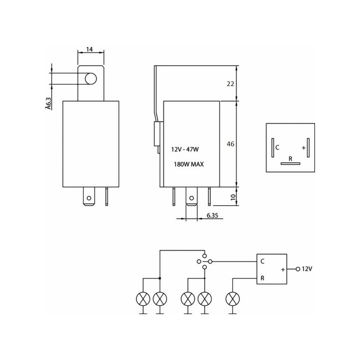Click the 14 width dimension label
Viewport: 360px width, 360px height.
coord(90,49)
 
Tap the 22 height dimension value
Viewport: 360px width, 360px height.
coord(230,84)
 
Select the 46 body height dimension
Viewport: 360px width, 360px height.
coord(230,144)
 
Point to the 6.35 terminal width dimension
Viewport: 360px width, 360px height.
coord(212,216)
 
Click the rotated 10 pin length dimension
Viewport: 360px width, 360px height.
coord(233,197)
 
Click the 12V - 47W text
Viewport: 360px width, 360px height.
coord(185,149)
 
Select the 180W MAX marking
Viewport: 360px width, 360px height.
coord(189,164)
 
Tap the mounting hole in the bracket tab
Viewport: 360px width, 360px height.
coord(91,79)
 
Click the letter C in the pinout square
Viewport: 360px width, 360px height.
coord(277,148)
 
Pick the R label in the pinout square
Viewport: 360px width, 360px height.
coord(290,159)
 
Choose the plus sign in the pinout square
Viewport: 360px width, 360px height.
coord(303,148)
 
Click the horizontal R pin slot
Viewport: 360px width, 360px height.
coord(290,163)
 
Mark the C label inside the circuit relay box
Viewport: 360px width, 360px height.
coord(262,261)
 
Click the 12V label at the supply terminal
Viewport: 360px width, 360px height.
coord(307,269)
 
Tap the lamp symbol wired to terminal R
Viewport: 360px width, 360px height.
coord(233,299)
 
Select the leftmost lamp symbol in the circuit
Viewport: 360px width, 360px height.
coord(143,299)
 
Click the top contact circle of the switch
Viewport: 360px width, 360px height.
coord(204,256)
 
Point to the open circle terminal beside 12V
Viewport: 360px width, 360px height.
coord(298,269)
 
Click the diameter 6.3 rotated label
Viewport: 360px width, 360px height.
coord(48,103)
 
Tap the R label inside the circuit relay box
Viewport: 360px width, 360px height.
coord(262,278)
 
